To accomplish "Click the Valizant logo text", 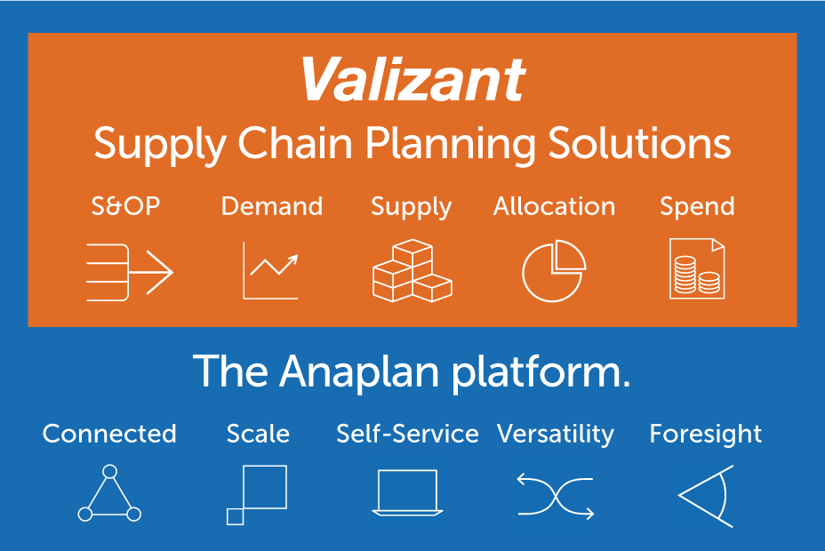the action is [x=413, y=79].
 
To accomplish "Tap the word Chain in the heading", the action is [x=295, y=143].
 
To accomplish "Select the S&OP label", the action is [x=125, y=205].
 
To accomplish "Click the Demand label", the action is [x=272, y=205].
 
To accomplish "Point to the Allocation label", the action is [x=554, y=205].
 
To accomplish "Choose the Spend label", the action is [x=697, y=206].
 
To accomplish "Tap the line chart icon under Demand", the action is [x=270, y=271].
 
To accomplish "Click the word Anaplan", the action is [x=359, y=371].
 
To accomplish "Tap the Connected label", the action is [x=109, y=434].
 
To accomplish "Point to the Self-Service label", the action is [x=408, y=434].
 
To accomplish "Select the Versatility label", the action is [x=556, y=435].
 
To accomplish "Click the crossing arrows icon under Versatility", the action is [x=556, y=496].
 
